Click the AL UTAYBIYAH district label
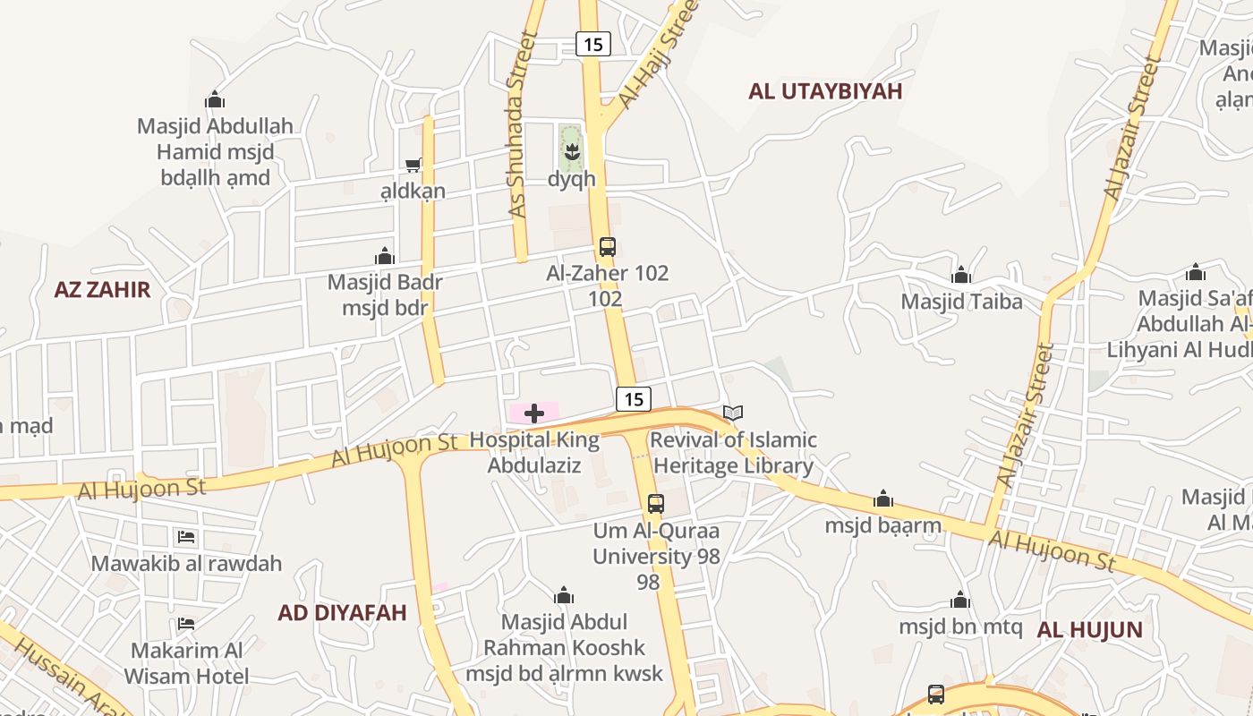(x=825, y=91)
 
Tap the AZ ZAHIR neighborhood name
(x=102, y=290)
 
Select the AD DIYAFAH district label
(x=342, y=613)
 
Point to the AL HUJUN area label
(x=1089, y=630)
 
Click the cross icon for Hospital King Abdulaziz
(x=534, y=413)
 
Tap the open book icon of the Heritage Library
(x=733, y=413)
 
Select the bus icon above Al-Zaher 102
(x=607, y=247)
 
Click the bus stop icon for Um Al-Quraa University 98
(x=656, y=503)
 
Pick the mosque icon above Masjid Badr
(x=385, y=257)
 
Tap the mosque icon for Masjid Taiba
(x=961, y=275)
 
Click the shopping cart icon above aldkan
(x=413, y=165)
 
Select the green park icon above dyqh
(x=571, y=149)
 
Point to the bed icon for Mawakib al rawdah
(x=186, y=537)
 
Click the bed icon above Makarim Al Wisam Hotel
(x=186, y=623)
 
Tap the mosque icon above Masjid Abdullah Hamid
(x=215, y=99)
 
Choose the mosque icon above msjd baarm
(x=883, y=499)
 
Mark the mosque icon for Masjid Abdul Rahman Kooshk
(x=564, y=595)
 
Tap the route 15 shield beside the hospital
(x=633, y=399)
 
